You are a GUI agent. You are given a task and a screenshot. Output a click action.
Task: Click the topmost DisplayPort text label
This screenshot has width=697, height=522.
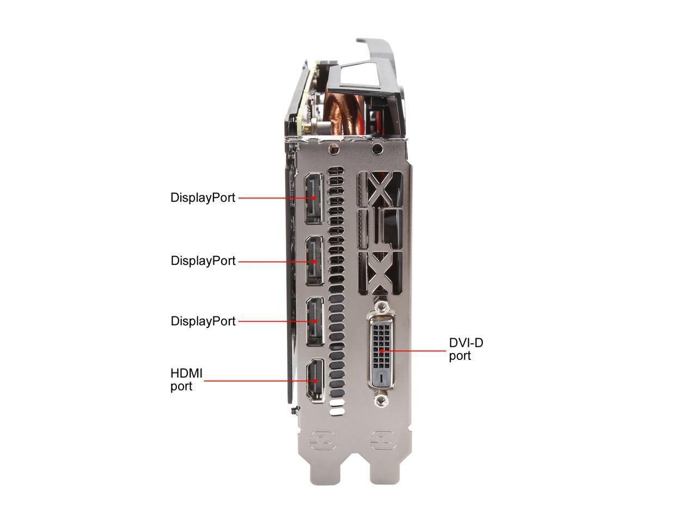(203, 197)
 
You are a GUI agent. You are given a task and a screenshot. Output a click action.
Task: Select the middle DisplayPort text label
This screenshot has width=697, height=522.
(203, 261)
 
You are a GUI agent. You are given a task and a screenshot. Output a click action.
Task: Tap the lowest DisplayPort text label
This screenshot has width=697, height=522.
(203, 321)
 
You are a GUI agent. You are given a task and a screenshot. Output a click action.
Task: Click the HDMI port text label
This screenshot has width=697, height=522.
(186, 380)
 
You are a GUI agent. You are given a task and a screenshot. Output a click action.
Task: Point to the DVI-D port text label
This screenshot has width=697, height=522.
(466, 349)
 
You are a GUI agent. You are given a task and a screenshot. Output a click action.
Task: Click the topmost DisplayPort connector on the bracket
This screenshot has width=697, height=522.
(314, 198)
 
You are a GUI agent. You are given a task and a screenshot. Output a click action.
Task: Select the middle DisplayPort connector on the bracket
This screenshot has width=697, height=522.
(315, 261)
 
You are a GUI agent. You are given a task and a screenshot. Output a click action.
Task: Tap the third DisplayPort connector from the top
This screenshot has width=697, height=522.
(315, 321)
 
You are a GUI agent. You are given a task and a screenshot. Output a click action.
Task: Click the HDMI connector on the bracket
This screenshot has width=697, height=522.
(315, 381)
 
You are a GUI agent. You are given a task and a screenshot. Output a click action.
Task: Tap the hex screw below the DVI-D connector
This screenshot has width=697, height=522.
(381, 401)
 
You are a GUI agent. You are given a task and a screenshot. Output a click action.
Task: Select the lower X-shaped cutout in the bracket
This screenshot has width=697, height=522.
(381, 272)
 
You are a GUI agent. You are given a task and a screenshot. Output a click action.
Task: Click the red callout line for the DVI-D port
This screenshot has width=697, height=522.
(414, 351)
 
